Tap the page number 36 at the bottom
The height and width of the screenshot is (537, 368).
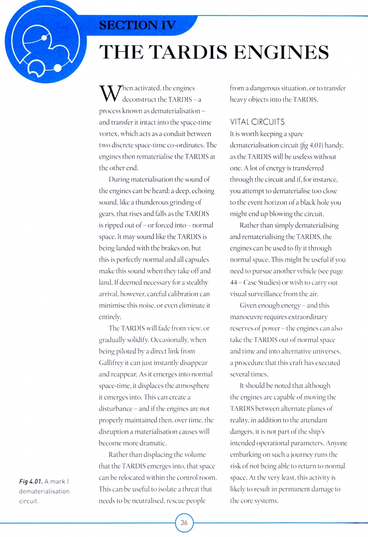click(184, 523)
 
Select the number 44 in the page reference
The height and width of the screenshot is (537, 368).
click(235, 282)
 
